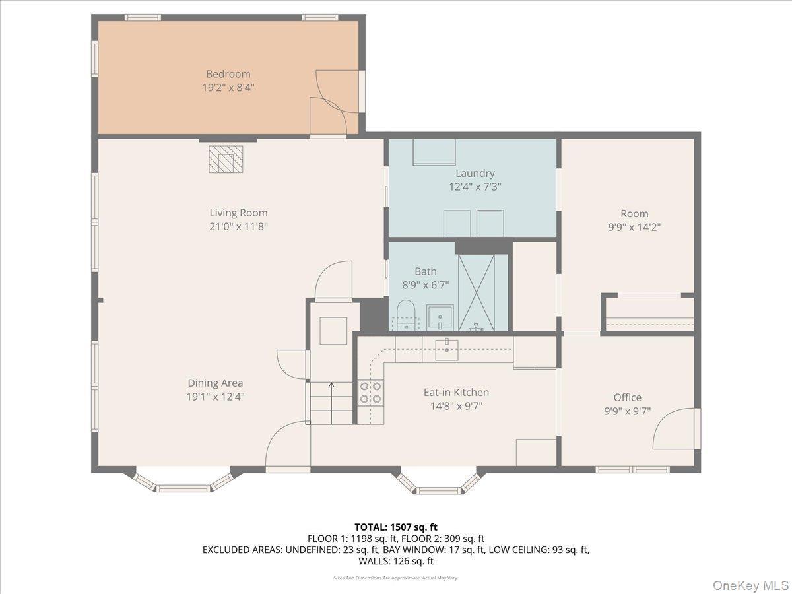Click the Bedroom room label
[x=228, y=74]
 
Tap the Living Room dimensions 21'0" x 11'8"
[x=238, y=226]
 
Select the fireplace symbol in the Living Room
[x=226, y=159]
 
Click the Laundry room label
[x=475, y=173]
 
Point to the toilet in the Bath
[x=406, y=315]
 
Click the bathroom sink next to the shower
[x=440, y=317]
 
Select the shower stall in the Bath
[x=477, y=292]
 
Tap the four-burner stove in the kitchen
[x=370, y=392]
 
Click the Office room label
[x=627, y=397]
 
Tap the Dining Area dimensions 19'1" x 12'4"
[x=215, y=397]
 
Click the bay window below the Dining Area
[x=183, y=482]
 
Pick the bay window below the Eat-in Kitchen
[x=438, y=483]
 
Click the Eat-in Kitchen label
[x=456, y=392]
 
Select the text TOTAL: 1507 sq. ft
[x=395, y=527]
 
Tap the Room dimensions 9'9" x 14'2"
[x=634, y=227]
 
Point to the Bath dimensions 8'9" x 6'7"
[x=426, y=285]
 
